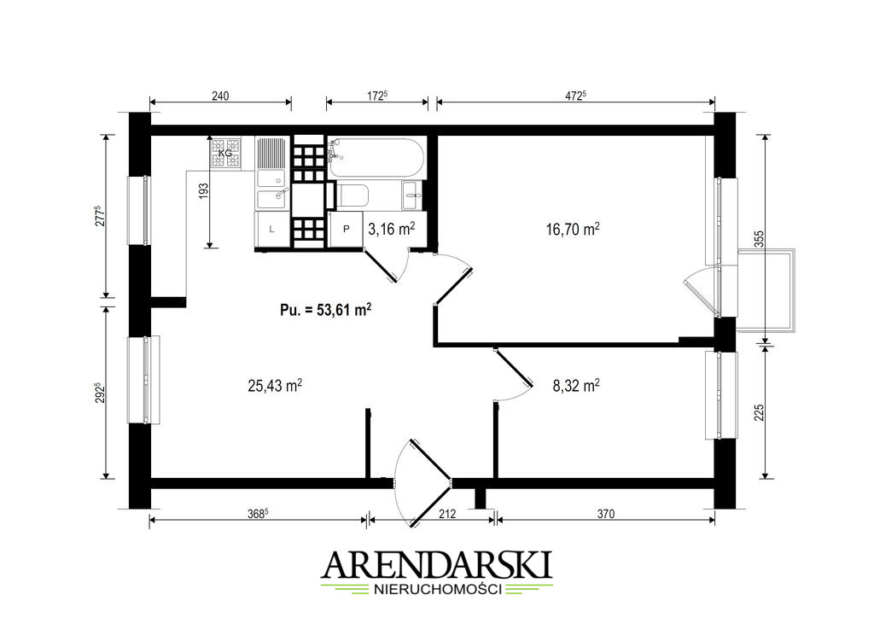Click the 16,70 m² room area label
click(x=573, y=229)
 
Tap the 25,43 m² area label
click(x=275, y=385)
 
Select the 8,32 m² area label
click(x=576, y=385)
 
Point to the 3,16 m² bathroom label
click(x=392, y=229)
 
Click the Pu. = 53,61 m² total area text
click(x=326, y=310)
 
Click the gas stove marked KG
click(x=225, y=153)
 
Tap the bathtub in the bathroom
click(x=376, y=158)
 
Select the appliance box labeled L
click(x=272, y=229)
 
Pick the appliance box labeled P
click(x=346, y=229)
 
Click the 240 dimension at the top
click(x=220, y=96)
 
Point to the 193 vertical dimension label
click(x=203, y=191)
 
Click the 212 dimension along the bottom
click(x=447, y=513)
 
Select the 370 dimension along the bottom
click(x=605, y=513)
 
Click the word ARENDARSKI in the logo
click(x=437, y=566)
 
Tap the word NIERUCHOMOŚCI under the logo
click(x=437, y=589)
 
